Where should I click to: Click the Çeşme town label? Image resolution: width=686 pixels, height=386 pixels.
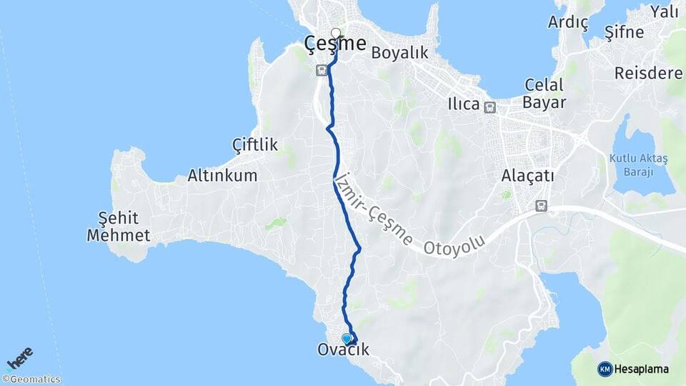[x=335, y=44]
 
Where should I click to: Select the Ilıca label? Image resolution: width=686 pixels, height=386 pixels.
[x=463, y=104]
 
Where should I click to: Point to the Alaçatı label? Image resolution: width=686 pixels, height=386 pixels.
[x=528, y=176]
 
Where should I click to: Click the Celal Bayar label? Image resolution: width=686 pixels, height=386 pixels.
[x=545, y=94]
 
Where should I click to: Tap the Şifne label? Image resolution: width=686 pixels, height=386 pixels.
[x=624, y=32]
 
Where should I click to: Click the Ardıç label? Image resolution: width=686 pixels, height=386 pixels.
[x=568, y=23]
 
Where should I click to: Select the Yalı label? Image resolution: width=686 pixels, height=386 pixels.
[x=664, y=11]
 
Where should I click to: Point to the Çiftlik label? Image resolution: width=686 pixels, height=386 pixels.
[x=255, y=145]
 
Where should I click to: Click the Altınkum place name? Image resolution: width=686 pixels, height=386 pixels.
[x=222, y=175]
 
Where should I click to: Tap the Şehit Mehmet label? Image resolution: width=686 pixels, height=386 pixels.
[x=119, y=227]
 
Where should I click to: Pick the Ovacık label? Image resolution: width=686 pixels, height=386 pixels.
[x=343, y=351]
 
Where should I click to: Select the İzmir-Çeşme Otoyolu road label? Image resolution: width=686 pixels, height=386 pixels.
[x=408, y=214]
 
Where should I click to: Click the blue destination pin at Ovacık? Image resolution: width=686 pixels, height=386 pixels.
[x=347, y=338]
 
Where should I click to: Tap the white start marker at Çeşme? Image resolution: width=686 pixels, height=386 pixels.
[x=336, y=32]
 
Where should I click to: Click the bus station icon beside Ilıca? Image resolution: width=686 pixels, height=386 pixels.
[x=489, y=108]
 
